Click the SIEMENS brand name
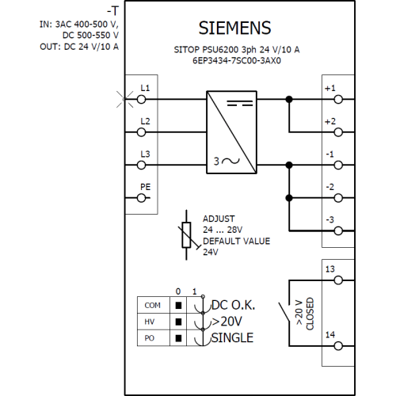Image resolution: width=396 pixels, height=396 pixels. pos(234,28)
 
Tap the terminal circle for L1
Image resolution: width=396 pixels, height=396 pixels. pos(142,100)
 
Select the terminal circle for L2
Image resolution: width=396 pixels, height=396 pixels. pos(142,132)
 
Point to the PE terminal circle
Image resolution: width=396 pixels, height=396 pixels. pos(142,198)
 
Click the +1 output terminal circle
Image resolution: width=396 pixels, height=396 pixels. pos(338,100)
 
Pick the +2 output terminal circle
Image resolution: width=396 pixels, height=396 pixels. pos(338,132)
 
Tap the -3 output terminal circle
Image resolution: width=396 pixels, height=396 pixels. pos(338,231)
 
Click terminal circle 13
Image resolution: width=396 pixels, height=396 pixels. pos(338,280)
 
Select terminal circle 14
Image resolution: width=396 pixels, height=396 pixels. pos(338,346)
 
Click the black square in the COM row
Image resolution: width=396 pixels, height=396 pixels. pos(178,306)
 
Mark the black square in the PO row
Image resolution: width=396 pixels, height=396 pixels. pos(178,338)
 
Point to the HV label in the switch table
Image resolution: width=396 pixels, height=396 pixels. pos(150,322)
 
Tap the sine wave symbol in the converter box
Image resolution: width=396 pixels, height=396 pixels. pos(230,161)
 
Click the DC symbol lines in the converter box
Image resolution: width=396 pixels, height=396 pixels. pos(240,103)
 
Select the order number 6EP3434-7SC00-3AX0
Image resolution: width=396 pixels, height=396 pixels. pos(237,61)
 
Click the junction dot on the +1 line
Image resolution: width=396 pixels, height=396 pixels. pos(289,100)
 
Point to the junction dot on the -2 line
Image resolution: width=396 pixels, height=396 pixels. pos(289,198)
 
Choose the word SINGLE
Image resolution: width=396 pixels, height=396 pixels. pos(232,338)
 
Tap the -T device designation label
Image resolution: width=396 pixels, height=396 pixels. pos(112,11)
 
